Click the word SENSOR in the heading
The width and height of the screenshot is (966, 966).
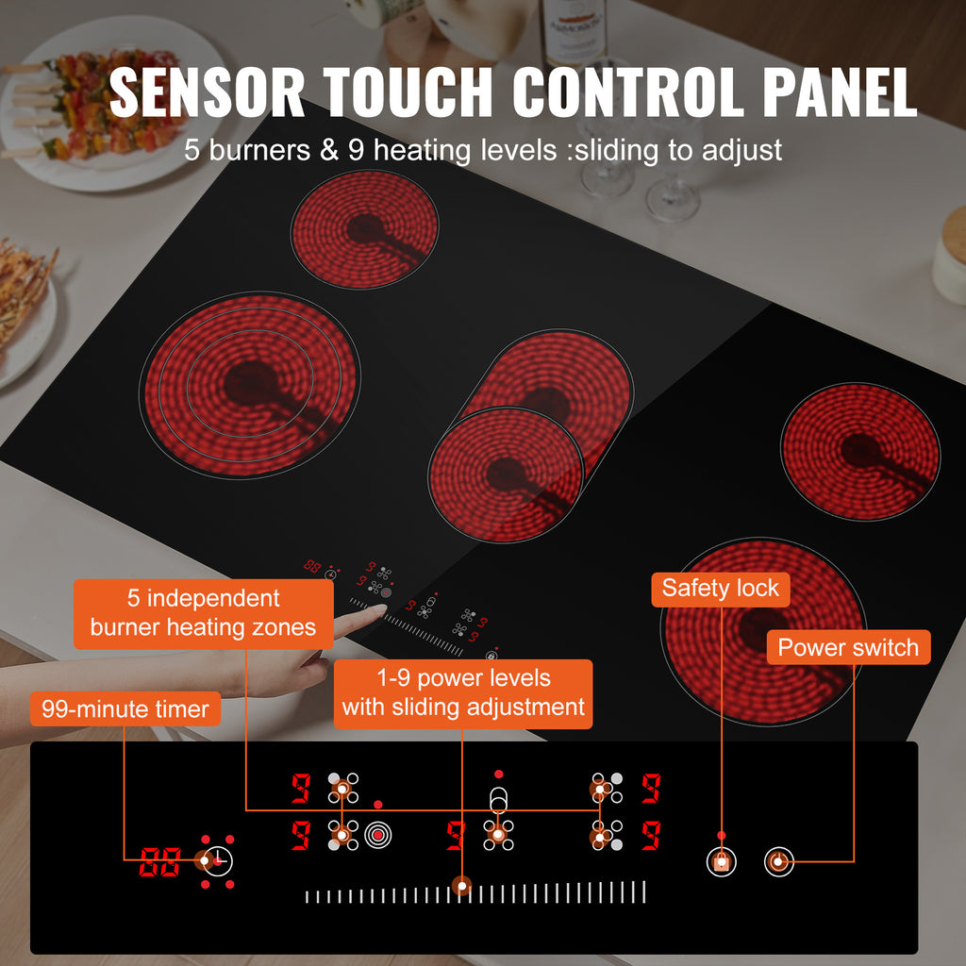[207, 92]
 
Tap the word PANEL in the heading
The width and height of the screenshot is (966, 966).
[840, 92]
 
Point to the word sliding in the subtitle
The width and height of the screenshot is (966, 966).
[619, 150]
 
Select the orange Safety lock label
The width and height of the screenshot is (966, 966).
[720, 589]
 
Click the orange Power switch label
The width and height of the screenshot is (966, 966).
[848, 647]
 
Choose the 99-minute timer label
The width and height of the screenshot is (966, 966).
[125, 709]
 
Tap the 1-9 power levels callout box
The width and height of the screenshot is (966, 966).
[463, 693]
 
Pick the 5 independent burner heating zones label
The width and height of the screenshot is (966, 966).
[204, 613]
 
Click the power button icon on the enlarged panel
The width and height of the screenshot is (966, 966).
[778, 861]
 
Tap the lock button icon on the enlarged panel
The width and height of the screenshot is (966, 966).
[722, 861]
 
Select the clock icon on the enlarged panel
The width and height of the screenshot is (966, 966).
[219, 860]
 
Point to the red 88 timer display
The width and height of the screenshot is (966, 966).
[160, 861]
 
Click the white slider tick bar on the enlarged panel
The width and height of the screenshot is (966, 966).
[475, 892]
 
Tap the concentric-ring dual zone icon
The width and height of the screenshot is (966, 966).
[377, 836]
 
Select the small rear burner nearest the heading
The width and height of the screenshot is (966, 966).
[365, 229]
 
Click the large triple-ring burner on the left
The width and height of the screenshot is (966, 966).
[250, 385]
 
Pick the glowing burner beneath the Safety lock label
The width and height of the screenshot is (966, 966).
[763, 631]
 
